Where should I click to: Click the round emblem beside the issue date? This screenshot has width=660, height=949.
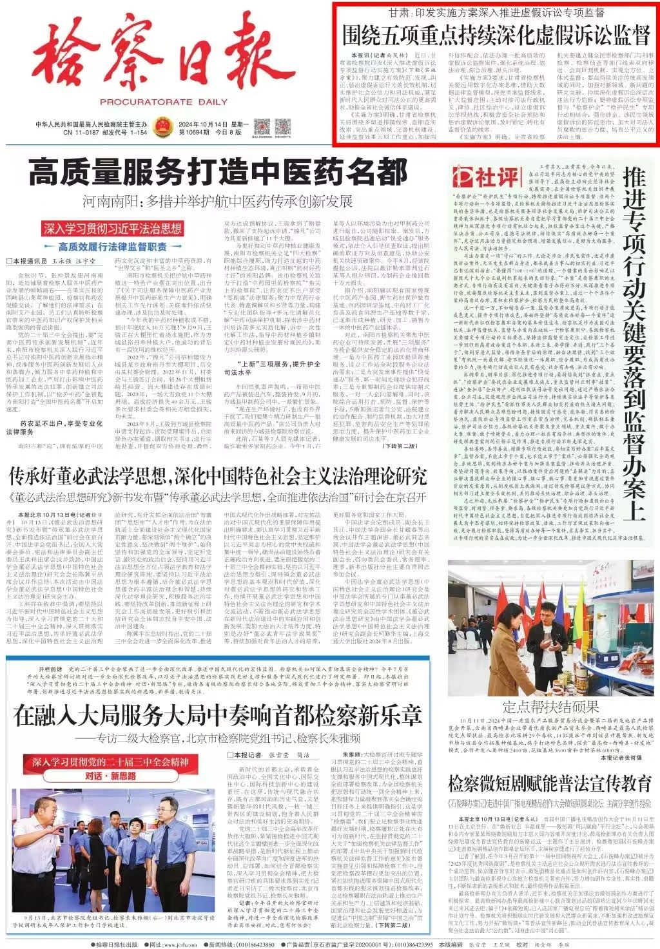pyautogui.click(x=160, y=126)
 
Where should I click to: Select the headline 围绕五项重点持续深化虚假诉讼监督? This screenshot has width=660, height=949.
pyautogui.click(x=495, y=35)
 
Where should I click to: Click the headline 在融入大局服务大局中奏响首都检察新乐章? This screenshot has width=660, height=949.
pyautogui.click(x=218, y=715)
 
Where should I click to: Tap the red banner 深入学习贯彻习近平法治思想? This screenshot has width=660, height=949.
pyautogui.click(x=113, y=229)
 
